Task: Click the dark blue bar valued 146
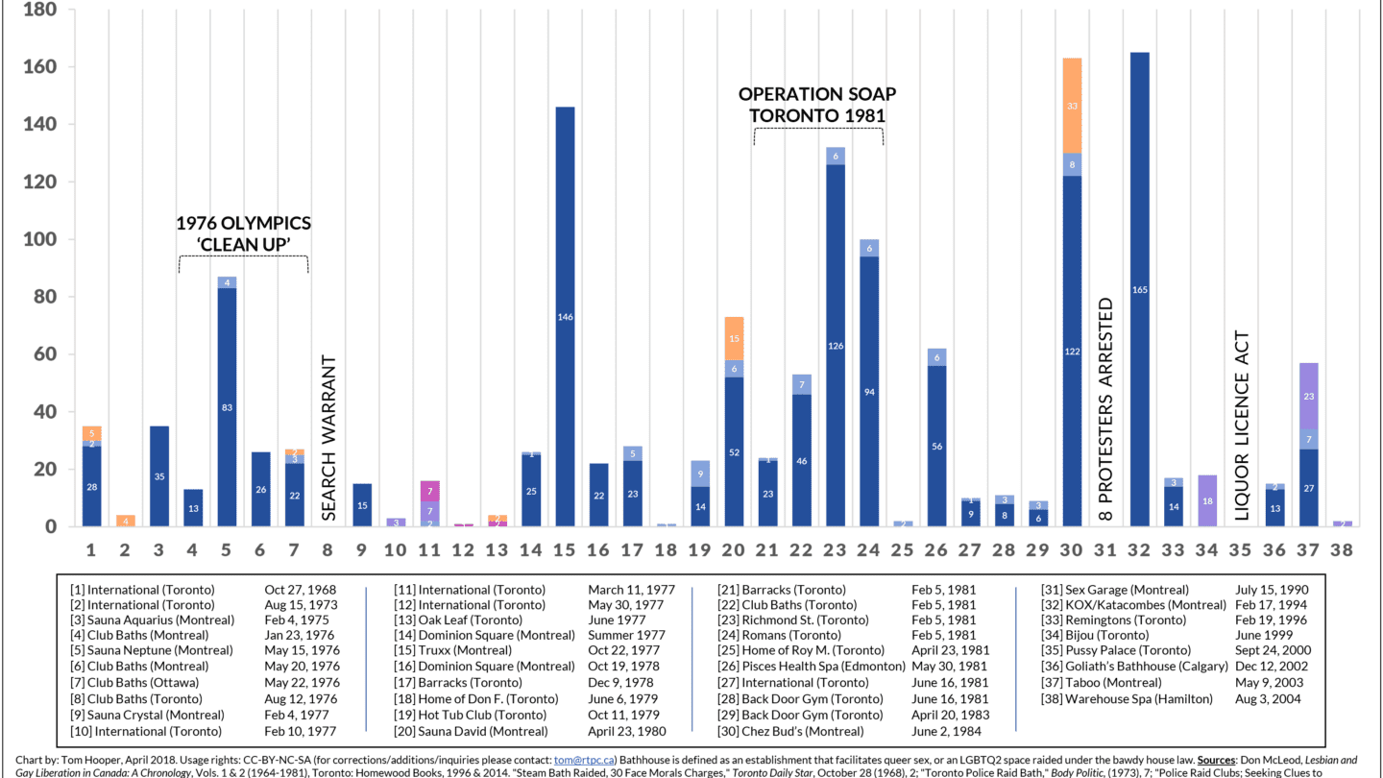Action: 566,317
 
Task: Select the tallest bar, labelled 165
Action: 1139,289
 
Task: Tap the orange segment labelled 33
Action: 1072,106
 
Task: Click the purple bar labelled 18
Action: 1206,500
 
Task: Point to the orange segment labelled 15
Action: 735,338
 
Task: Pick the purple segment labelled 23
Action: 1308,396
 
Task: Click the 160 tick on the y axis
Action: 39,67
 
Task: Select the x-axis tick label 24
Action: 869,550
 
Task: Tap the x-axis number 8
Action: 328,550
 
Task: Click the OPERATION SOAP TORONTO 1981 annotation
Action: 817,105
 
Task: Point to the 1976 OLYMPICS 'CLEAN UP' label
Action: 243,233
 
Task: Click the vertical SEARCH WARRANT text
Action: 328,438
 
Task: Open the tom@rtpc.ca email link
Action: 584,759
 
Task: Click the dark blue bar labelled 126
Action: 836,346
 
